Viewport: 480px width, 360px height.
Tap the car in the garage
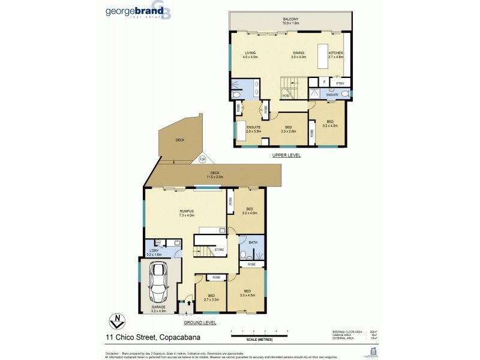tap(160, 284)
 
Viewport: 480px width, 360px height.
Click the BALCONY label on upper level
tap(291, 21)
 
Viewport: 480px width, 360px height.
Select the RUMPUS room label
tap(186, 213)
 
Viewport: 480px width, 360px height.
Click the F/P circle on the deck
tap(202, 160)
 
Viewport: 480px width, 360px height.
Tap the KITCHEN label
tap(335, 55)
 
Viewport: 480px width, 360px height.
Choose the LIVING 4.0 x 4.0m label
tap(250, 55)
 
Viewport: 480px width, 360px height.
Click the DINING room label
tap(299, 55)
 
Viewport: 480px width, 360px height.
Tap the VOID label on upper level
tap(286, 95)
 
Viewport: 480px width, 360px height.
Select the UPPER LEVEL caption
tap(286, 155)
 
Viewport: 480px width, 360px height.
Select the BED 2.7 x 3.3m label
tap(211, 298)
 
